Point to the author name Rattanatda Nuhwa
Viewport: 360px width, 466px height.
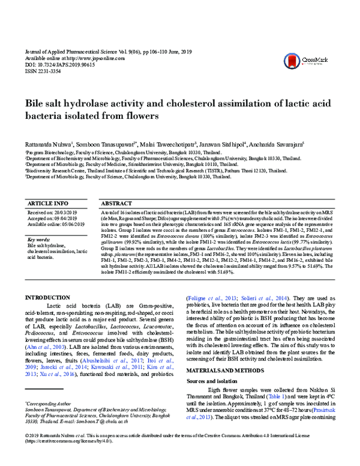click(49, 144)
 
